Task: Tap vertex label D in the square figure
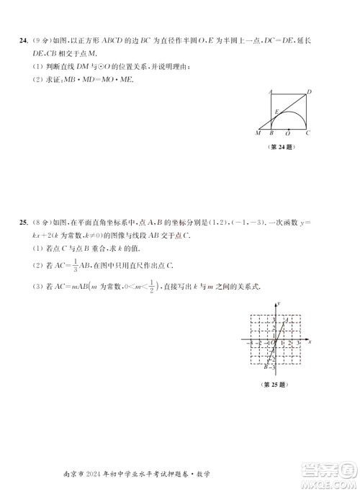pos(309,91)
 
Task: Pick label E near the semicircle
pos(276,112)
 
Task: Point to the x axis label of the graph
pos(310,341)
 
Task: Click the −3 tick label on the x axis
pos(250,344)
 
